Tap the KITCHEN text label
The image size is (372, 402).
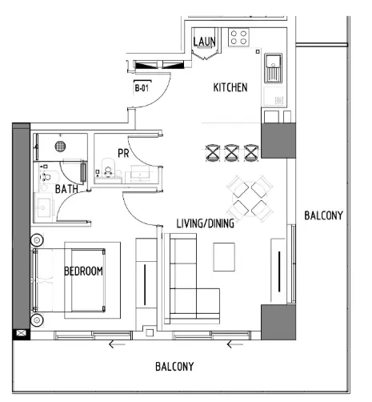point(230,86)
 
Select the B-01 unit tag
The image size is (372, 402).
point(142,89)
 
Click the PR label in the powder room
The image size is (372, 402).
point(123,151)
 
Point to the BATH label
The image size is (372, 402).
point(67,190)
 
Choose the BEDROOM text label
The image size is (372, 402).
point(83,271)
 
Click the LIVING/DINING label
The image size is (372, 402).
point(206,224)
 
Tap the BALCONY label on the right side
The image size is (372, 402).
point(323,215)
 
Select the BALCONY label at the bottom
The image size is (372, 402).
point(174,367)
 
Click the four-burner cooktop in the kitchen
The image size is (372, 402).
point(239,37)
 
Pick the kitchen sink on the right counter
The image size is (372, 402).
point(274,66)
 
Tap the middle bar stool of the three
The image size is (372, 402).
point(232,152)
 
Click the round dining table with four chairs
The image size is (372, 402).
point(248,196)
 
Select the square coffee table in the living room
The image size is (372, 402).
point(225,257)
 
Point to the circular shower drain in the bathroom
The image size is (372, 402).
point(59,147)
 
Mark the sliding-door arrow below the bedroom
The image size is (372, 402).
point(117,344)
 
